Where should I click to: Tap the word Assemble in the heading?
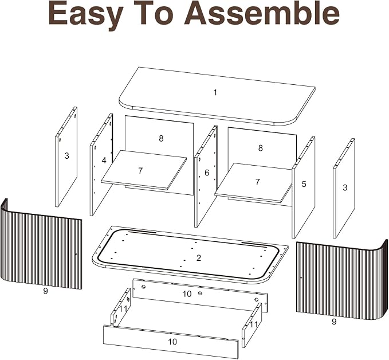pyautogui.click(x=261, y=13)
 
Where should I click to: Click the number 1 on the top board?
pyautogui.click(x=215, y=93)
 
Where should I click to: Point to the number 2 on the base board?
pyautogui.click(x=198, y=258)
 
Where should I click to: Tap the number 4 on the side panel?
pyautogui.click(x=104, y=161)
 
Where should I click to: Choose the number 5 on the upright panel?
pyautogui.click(x=304, y=184)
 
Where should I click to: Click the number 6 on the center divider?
pyautogui.click(x=207, y=173)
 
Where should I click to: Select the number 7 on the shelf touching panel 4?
pyautogui.click(x=141, y=171)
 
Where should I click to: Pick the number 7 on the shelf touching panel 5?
pyautogui.click(x=257, y=182)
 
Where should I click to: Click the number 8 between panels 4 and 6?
pyautogui.click(x=161, y=139)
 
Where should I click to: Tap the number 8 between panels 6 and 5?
pyautogui.click(x=260, y=148)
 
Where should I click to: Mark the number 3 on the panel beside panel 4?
pyautogui.click(x=66, y=156)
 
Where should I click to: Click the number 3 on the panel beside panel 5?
pyautogui.click(x=345, y=187)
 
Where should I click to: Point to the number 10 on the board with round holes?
pyautogui.click(x=187, y=294)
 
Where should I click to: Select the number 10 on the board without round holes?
pyautogui.click(x=172, y=342)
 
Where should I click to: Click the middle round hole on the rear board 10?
pyautogui.click(x=200, y=294)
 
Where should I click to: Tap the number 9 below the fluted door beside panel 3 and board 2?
pyautogui.click(x=45, y=291)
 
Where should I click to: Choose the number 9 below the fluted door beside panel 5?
pyautogui.click(x=334, y=322)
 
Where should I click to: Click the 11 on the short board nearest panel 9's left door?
pyautogui.click(x=123, y=309)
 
